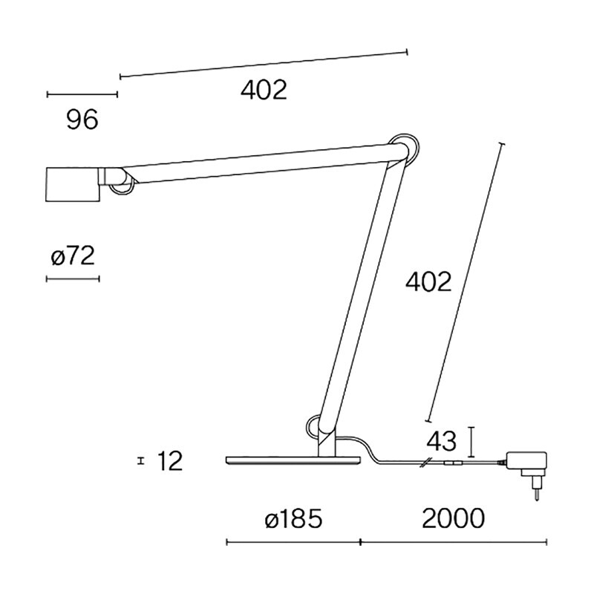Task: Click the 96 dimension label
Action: [82, 119]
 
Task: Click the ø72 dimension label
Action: [73, 257]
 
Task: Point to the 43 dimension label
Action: [441, 442]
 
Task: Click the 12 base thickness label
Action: [170, 461]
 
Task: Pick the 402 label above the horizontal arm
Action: [264, 90]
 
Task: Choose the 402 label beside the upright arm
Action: [428, 282]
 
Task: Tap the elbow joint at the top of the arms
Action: [405, 148]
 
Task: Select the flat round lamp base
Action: [293, 461]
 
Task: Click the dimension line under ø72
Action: [73, 278]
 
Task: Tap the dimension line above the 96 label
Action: [82, 94]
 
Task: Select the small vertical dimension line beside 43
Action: [472, 442]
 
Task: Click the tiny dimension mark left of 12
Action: [140, 461]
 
